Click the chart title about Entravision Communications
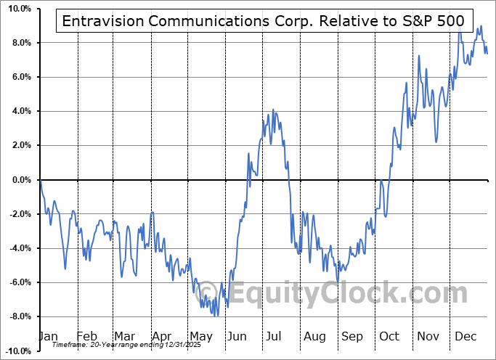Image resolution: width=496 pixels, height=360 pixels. [x=263, y=21]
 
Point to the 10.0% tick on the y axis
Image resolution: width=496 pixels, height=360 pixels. [x=19, y=9]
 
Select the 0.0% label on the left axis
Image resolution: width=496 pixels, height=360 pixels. [x=21, y=180]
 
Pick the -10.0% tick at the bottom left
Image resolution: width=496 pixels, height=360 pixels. [x=17, y=351]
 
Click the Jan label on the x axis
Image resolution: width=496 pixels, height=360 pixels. [x=47, y=336]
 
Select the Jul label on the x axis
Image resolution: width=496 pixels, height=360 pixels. [x=275, y=336]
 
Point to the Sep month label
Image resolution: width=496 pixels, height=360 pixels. [x=352, y=336]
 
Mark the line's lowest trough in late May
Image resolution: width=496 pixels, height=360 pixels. [x=217, y=316]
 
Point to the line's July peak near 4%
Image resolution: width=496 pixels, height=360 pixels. [x=273, y=110]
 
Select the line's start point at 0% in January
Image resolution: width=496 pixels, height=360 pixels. [x=41, y=180]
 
